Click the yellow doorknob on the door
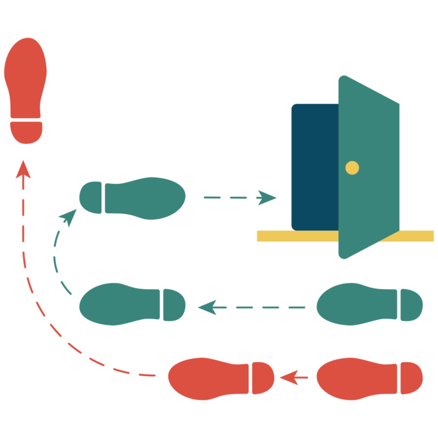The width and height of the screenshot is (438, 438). pos(352,168)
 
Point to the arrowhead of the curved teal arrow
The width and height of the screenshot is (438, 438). pos(68,216)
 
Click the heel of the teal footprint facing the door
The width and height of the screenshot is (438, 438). pos(91,197)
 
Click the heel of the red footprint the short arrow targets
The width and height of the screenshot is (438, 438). pos(263,378)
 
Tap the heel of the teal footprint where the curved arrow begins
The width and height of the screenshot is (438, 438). pos(175,305)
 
